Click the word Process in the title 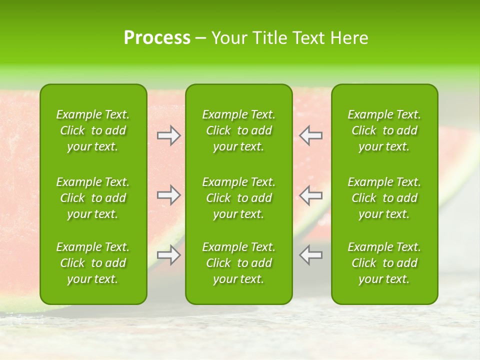click(157, 38)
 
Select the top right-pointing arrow click(168, 135)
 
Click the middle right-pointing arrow click(168, 195)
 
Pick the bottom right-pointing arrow click(168, 255)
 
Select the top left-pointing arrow click(311, 135)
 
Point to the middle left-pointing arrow click(311, 195)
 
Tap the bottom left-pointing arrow click(311, 255)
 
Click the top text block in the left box click(93, 130)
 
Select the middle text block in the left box click(93, 198)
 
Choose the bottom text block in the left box click(93, 263)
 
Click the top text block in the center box click(239, 130)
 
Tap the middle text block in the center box click(239, 198)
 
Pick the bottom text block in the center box click(239, 263)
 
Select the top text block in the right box click(384, 130)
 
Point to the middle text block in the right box click(384, 198)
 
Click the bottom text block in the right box click(384, 263)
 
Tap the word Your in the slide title click(228, 38)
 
